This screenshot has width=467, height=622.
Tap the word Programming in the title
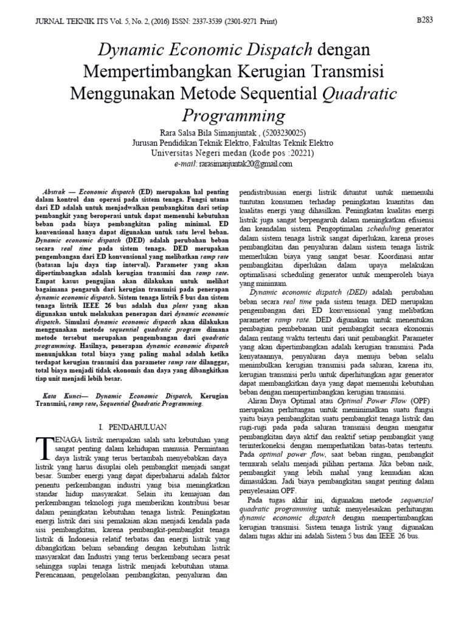pos(233,115)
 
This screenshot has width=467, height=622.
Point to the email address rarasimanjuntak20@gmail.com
pos(241,163)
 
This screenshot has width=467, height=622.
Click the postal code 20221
pos(298,153)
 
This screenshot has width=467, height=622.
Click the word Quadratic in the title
pos(359,94)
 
